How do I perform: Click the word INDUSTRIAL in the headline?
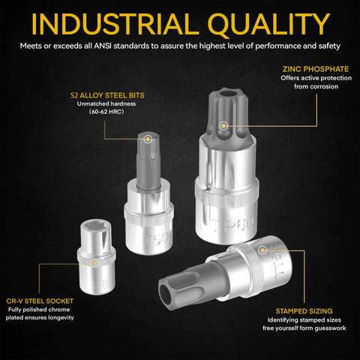(115, 24)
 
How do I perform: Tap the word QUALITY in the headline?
(269, 25)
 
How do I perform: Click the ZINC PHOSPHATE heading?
(316, 69)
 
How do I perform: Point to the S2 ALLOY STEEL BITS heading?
(107, 95)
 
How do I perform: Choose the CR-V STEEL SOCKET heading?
(40, 301)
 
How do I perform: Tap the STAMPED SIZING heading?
(304, 311)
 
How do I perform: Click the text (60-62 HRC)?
(106, 112)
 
